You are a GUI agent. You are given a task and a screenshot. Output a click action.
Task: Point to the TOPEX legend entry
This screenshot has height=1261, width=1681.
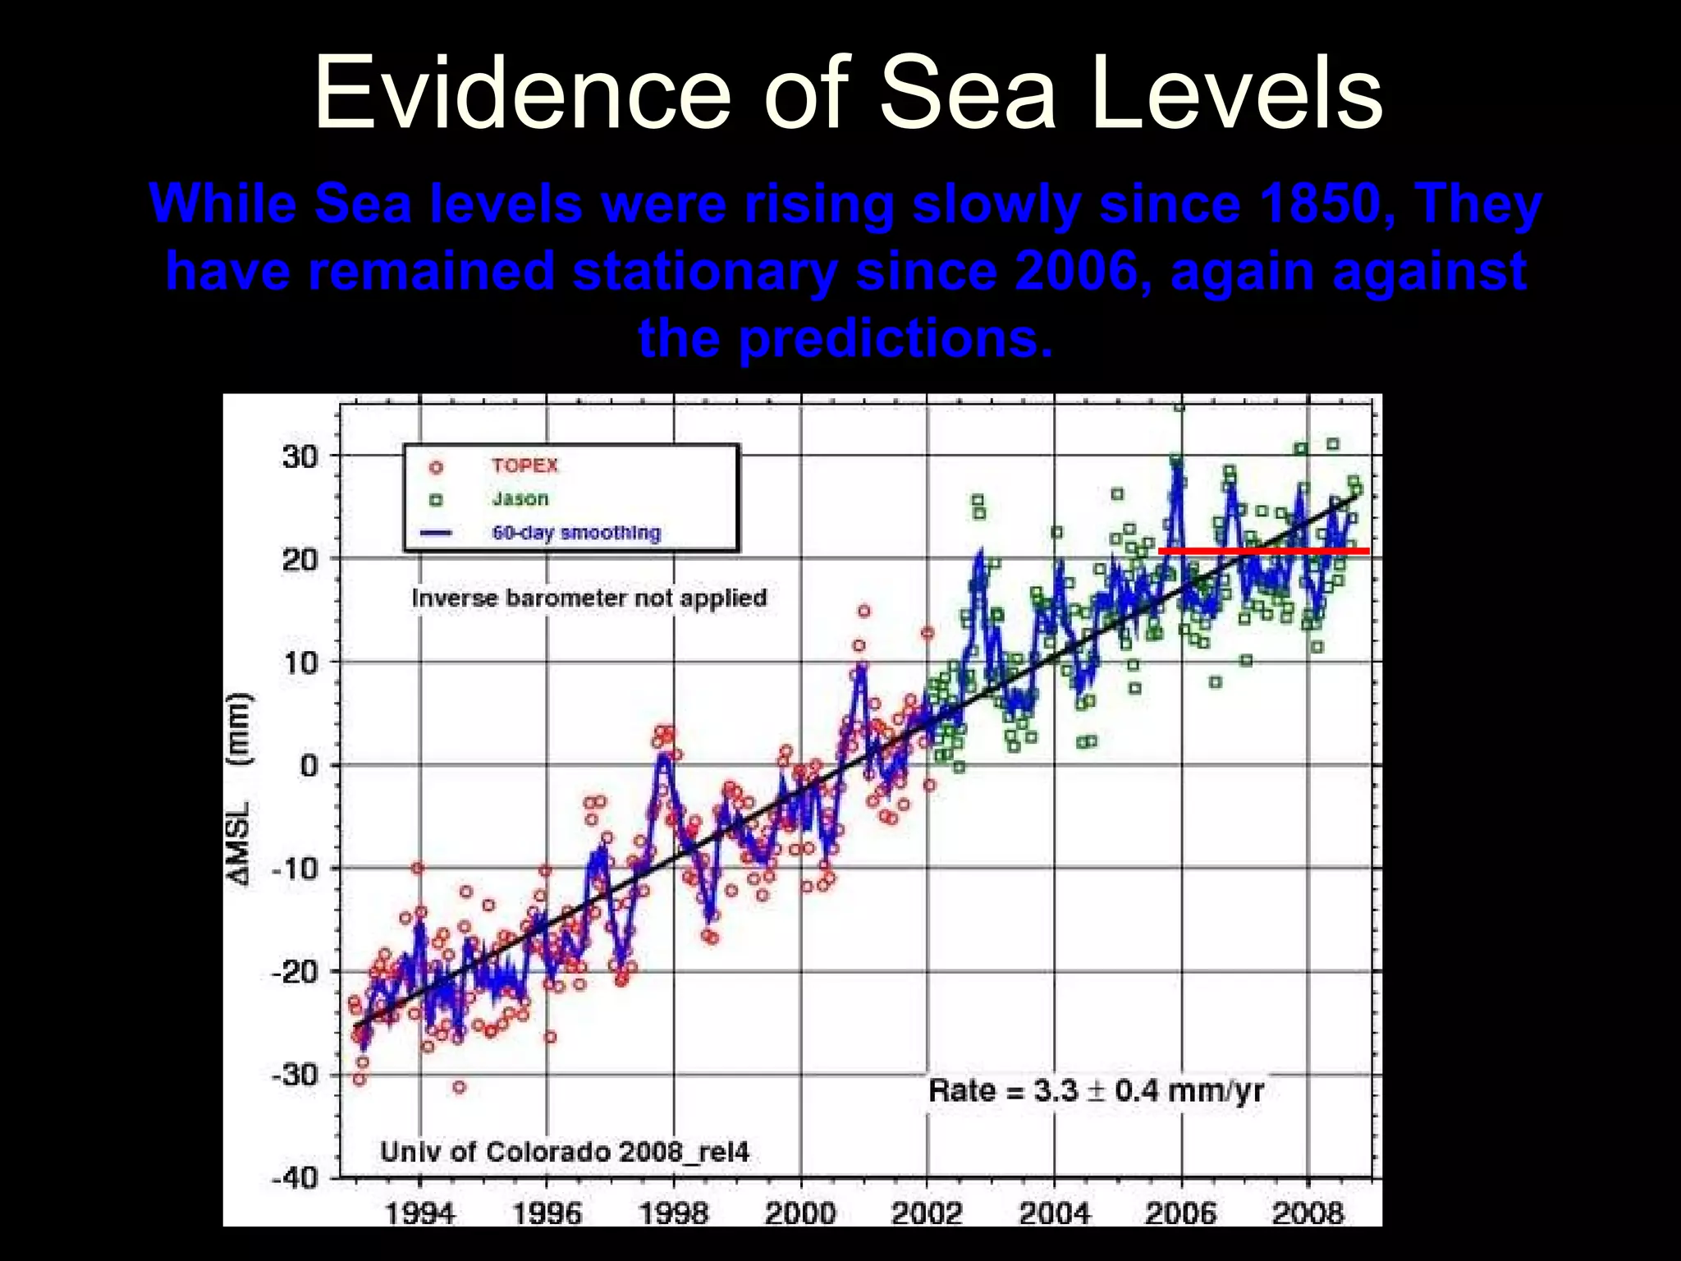tap(524, 465)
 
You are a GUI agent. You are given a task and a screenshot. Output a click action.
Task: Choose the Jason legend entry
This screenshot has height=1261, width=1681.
tap(520, 498)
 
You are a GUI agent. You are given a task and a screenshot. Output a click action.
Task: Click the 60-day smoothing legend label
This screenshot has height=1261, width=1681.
tap(576, 533)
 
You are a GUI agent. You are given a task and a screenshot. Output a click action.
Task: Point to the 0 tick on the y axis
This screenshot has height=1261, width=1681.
tap(309, 766)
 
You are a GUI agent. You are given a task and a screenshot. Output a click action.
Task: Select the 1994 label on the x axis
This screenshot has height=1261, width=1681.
tap(419, 1213)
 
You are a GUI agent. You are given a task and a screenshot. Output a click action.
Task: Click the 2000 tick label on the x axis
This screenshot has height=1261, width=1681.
tap(800, 1213)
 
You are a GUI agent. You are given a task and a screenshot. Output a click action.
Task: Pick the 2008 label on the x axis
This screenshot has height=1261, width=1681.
tap(1308, 1213)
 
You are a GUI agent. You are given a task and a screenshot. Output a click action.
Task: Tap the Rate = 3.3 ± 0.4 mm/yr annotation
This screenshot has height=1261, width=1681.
tap(1096, 1091)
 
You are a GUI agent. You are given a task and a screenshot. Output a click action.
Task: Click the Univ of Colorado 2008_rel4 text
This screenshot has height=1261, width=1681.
tap(565, 1152)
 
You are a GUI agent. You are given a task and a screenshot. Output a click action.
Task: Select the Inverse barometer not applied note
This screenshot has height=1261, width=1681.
tap(589, 598)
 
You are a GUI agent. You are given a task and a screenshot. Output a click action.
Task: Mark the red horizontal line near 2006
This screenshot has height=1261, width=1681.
tap(1264, 551)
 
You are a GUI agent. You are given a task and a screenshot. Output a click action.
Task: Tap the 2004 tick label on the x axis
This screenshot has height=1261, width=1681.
tap(1054, 1213)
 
